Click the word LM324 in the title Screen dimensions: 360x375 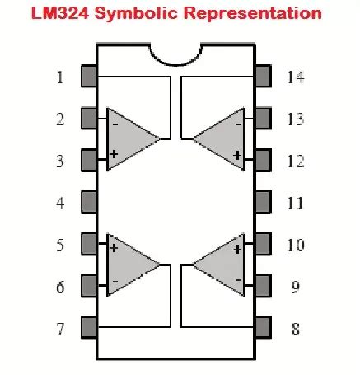[x=60, y=12]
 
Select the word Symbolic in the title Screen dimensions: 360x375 [x=136, y=14]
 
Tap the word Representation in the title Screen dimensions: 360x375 [x=252, y=14]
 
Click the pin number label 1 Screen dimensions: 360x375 [x=60, y=77]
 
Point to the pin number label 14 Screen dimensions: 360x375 [x=296, y=77]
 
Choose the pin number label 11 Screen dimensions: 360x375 [x=295, y=204]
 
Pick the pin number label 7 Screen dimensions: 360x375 [x=60, y=329]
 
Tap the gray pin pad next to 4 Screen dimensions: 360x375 [x=88, y=202]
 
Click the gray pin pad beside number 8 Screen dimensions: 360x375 [x=263, y=327]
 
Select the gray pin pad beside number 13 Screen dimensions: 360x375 [x=263, y=118]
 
